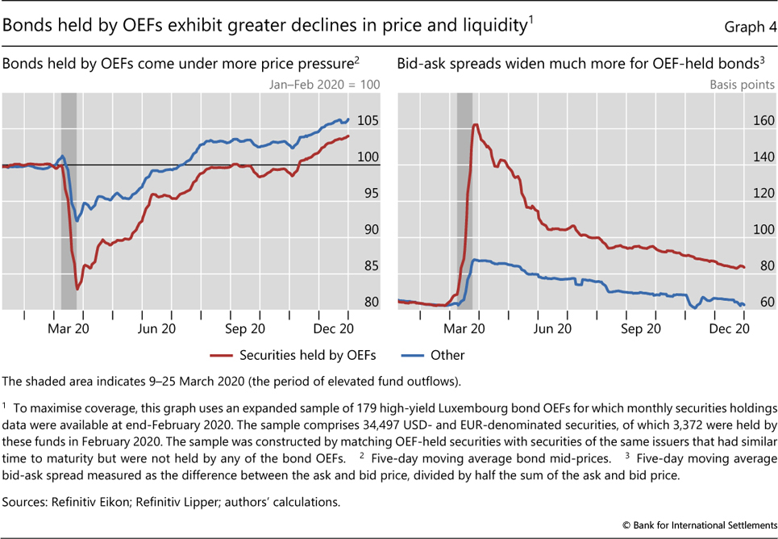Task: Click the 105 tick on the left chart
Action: (x=368, y=121)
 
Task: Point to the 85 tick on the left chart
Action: (x=368, y=266)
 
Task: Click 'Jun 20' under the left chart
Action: (x=156, y=328)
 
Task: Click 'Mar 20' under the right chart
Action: (x=464, y=328)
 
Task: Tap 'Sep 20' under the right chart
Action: (x=642, y=328)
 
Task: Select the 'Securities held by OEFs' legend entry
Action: (x=307, y=355)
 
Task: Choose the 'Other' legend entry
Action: (x=447, y=355)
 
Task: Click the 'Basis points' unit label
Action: (x=742, y=85)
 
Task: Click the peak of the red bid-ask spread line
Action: (x=476, y=124)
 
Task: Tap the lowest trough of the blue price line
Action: (x=77, y=220)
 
